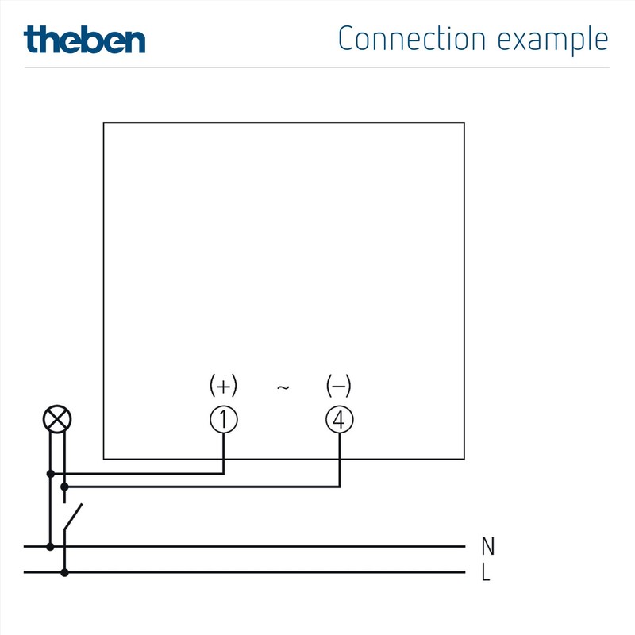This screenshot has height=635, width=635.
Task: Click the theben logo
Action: pos(84,39)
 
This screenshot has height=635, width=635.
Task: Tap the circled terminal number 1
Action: pos(223,420)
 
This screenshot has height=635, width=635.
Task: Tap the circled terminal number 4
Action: pos(340,420)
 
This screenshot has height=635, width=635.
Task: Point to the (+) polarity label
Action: pos(223,387)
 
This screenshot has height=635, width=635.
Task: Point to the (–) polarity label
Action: pos(339,387)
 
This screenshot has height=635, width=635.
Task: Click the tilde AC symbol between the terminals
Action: pos(283,387)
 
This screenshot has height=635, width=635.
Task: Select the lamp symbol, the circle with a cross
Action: pos(56,420)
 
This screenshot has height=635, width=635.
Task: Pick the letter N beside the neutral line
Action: pos(488,546)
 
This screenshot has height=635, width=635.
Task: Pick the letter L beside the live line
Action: pos(486,572)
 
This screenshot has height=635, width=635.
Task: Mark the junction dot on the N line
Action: pos(51,546)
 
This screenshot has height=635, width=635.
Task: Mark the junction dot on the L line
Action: pos(64,572)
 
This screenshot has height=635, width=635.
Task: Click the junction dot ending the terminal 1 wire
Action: pos(51,474)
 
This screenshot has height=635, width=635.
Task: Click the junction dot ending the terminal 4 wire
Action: pos(64,487)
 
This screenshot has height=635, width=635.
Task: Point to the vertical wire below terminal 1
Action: pos(223,452)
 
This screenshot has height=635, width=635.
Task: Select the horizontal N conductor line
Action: pos(262,546)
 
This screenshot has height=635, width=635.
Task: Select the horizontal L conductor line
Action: pos(262,572)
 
